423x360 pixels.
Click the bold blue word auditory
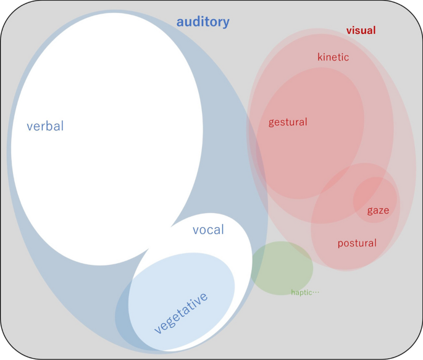(x=203, y=22)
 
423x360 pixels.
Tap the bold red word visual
(x=361, y=30)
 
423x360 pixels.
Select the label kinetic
(x=333, y=57)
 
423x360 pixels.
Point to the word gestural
(x=288, y=122)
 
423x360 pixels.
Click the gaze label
(x=378, y=211)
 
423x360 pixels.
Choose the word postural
(x=357, y=243)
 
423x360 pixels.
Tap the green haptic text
(x=302, y=292)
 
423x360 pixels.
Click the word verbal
(x=45, y=127)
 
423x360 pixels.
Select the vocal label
(x=208, y=230)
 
